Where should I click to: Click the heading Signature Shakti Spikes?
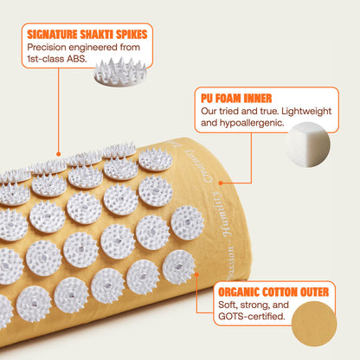pyautogui.click(x=87, y=35)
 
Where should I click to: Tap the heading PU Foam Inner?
pyautogui.click(x=236, y=98)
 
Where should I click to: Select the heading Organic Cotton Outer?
pyautogui.click(x=273, y=292)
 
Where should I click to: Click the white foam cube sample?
pyautogui.click(x=308, y=145)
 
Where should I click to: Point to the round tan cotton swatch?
pyautogui.click(x=314, y=324)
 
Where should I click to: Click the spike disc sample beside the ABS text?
pyautogui.click(x=120, y=72)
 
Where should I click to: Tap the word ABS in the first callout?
pyautogui.click(x=76, y=59)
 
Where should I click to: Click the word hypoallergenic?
pyautogui.click(x=252, y=123)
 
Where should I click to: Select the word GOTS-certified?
pyautogui.click(x=252, y=317)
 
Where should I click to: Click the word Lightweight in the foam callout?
pyautogui.click(x=306, y=112)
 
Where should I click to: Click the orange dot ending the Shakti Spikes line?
pyautogui.click(x=59, y=154)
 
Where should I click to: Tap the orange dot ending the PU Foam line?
pyautogui.click(x=221, y=183)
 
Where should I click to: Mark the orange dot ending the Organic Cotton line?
pyautogui.click(x=196, y=274)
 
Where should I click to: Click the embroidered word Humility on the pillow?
pyautogui.click(x=219, y=213)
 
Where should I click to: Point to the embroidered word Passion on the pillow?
pyautogui.click(x=231, y=262)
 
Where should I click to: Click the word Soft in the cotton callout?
pyautogui.click(x=228, y=305)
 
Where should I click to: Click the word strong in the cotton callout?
pyautogui.click(x=254, y=305)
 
